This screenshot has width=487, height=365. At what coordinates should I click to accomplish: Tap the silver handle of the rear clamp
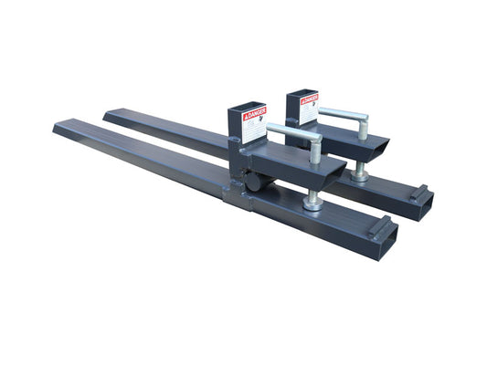(343, 114)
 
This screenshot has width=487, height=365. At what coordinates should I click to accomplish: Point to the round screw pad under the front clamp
(313, 203)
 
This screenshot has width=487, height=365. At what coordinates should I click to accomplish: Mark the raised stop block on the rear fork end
(418, 193)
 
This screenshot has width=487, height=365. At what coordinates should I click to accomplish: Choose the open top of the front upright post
(247, 107)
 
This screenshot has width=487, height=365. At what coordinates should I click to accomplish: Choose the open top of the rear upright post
(301, 93)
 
